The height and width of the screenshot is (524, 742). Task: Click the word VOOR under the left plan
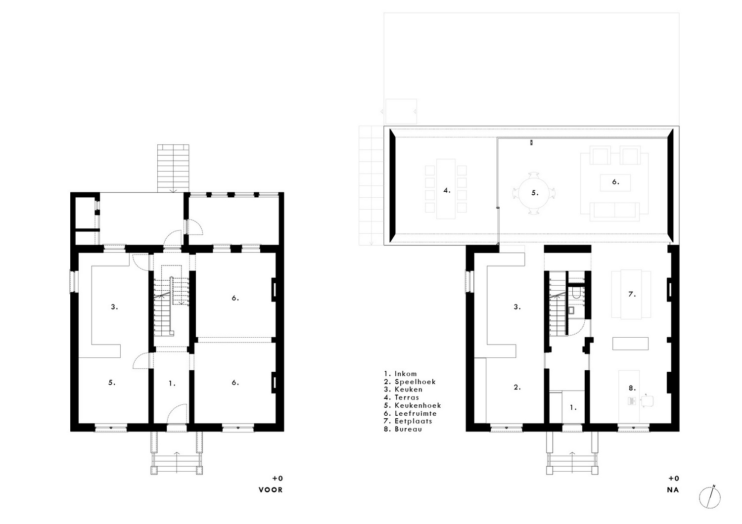pos(271,490)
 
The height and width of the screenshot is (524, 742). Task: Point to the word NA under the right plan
pos(673,490)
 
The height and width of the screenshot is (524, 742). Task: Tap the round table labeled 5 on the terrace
pos(534,193)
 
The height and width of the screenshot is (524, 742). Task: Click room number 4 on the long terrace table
pos(447,190)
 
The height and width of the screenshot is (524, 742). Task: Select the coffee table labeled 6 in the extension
pos(615,182)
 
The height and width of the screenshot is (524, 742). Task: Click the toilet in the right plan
pos(576,293)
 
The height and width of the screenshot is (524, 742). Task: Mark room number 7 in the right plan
pos(632,294)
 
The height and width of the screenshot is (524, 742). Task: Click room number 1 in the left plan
pos(172,383)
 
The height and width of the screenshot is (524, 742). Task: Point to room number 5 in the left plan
pos(112,382)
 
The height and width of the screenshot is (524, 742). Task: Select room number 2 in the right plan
pos(517,387)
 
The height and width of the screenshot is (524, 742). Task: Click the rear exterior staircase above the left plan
pos(173,168)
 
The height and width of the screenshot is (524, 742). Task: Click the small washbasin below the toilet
pos(571,310)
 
